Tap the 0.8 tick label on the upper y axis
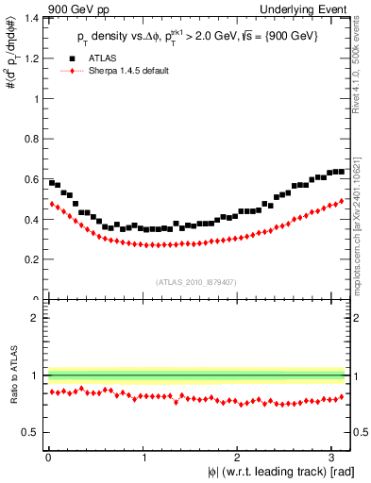click(x=31, y=139)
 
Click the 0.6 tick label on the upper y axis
click(x=31, y=179)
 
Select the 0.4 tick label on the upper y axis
click(x=31, y=220)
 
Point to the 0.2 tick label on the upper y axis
click(x=31, y=259)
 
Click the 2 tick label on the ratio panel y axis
click(x=36, y=318)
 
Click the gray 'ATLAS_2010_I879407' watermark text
click(x=196, y=281)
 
